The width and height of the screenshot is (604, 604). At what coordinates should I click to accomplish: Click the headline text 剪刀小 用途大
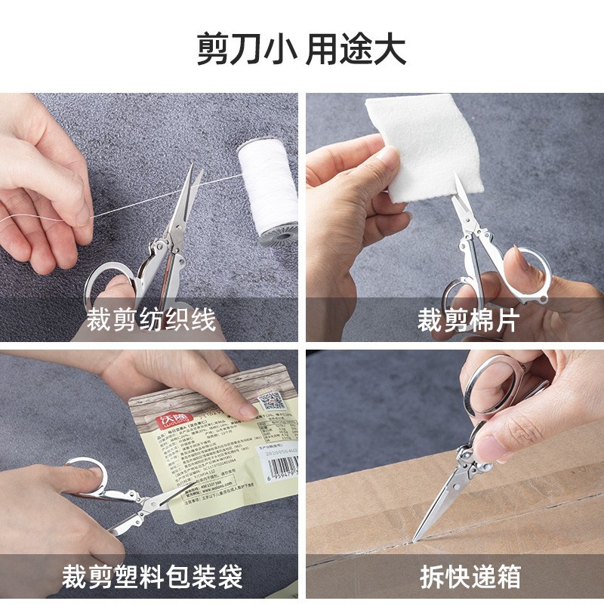click(302, 50)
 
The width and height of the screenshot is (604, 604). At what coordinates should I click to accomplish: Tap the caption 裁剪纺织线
click(151, 319)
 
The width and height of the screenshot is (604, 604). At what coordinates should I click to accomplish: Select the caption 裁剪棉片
click(468, 319)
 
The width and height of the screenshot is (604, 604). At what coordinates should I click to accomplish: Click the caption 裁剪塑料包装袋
click(152, 578)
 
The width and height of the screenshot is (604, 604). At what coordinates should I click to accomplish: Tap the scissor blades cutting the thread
click(181, 204)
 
